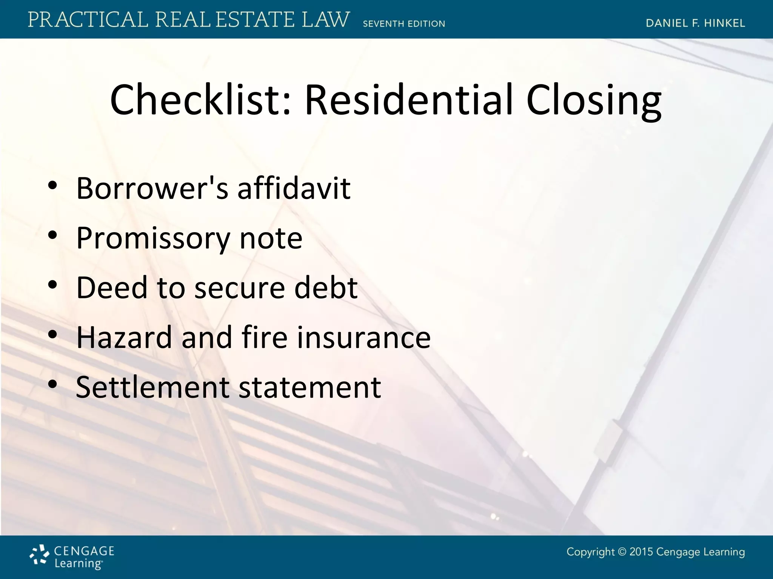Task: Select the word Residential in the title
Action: [x=409, y=100]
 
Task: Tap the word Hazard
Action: [x=124, y=337]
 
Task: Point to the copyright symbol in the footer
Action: [x=622, y=552]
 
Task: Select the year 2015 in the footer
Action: [x=641, y=552]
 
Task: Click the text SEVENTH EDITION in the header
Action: [x=404, y=24]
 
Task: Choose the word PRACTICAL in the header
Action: [x=88, y=20]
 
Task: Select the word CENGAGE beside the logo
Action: [x=84, y=551]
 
